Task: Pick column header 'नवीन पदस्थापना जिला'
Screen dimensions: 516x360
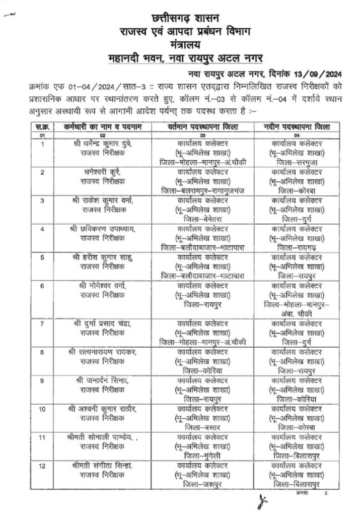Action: pos(297,127)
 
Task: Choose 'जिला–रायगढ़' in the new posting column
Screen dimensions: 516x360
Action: pos(297,247)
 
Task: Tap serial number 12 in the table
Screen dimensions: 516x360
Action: pos(43,465)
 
